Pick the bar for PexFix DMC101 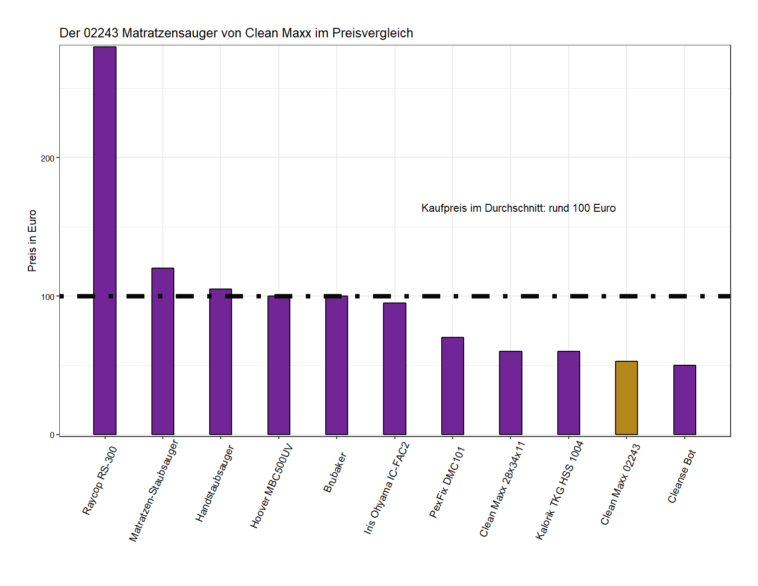[452, 386]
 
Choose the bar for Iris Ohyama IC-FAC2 [394, 369]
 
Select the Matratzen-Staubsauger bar [163, 351]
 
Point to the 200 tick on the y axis [47, 158]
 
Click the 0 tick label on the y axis [52, 435]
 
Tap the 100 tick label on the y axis [47, 297]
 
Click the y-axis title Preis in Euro [32, 241]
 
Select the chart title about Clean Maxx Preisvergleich [236, 33]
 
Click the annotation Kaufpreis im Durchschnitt [518, 208]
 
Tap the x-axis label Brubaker [334, 472]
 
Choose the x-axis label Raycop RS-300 [100, 480]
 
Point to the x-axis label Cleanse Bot [681, 476]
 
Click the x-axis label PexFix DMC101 [447, 482]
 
